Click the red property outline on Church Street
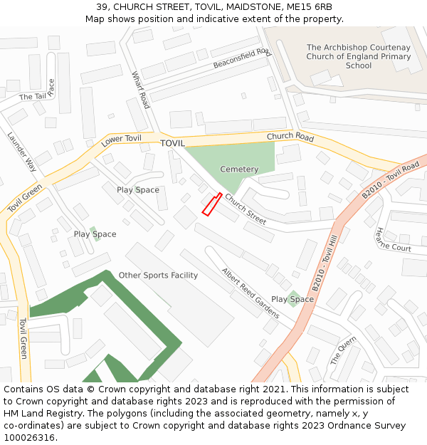point(211,204)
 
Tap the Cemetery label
point(239,169)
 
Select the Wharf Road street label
point(141,90)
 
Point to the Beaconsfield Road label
point(242,58)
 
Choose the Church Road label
point(290,136)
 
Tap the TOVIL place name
point(172,143)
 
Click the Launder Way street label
point(22,152)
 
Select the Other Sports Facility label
point(158,276)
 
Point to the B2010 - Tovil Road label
point(390,181)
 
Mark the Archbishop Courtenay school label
point(359,56)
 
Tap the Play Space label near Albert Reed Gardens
point(292,299)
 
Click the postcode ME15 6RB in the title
point(308,7)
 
